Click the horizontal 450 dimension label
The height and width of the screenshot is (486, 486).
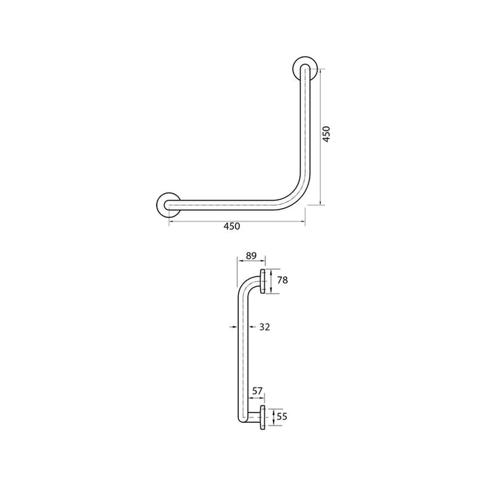click(x=231, y=226)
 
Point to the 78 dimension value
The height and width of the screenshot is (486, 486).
click(x=283, y=280)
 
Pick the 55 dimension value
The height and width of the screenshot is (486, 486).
click(x=283, y=417)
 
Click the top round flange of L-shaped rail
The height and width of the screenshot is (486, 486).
click(x=305, y=67)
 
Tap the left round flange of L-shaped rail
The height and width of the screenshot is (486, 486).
click(x=169, y=204)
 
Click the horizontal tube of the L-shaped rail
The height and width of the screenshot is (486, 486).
click(x=229, y=204)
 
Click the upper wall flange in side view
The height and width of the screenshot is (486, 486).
click(x=263, y=281)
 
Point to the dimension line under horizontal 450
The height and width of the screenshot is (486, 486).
click(x=236, y=221)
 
